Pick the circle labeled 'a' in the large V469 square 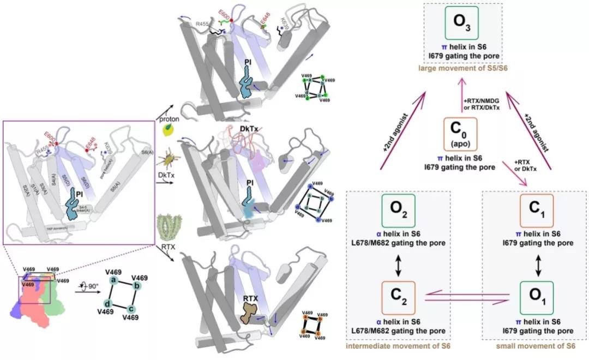[114, 280]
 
